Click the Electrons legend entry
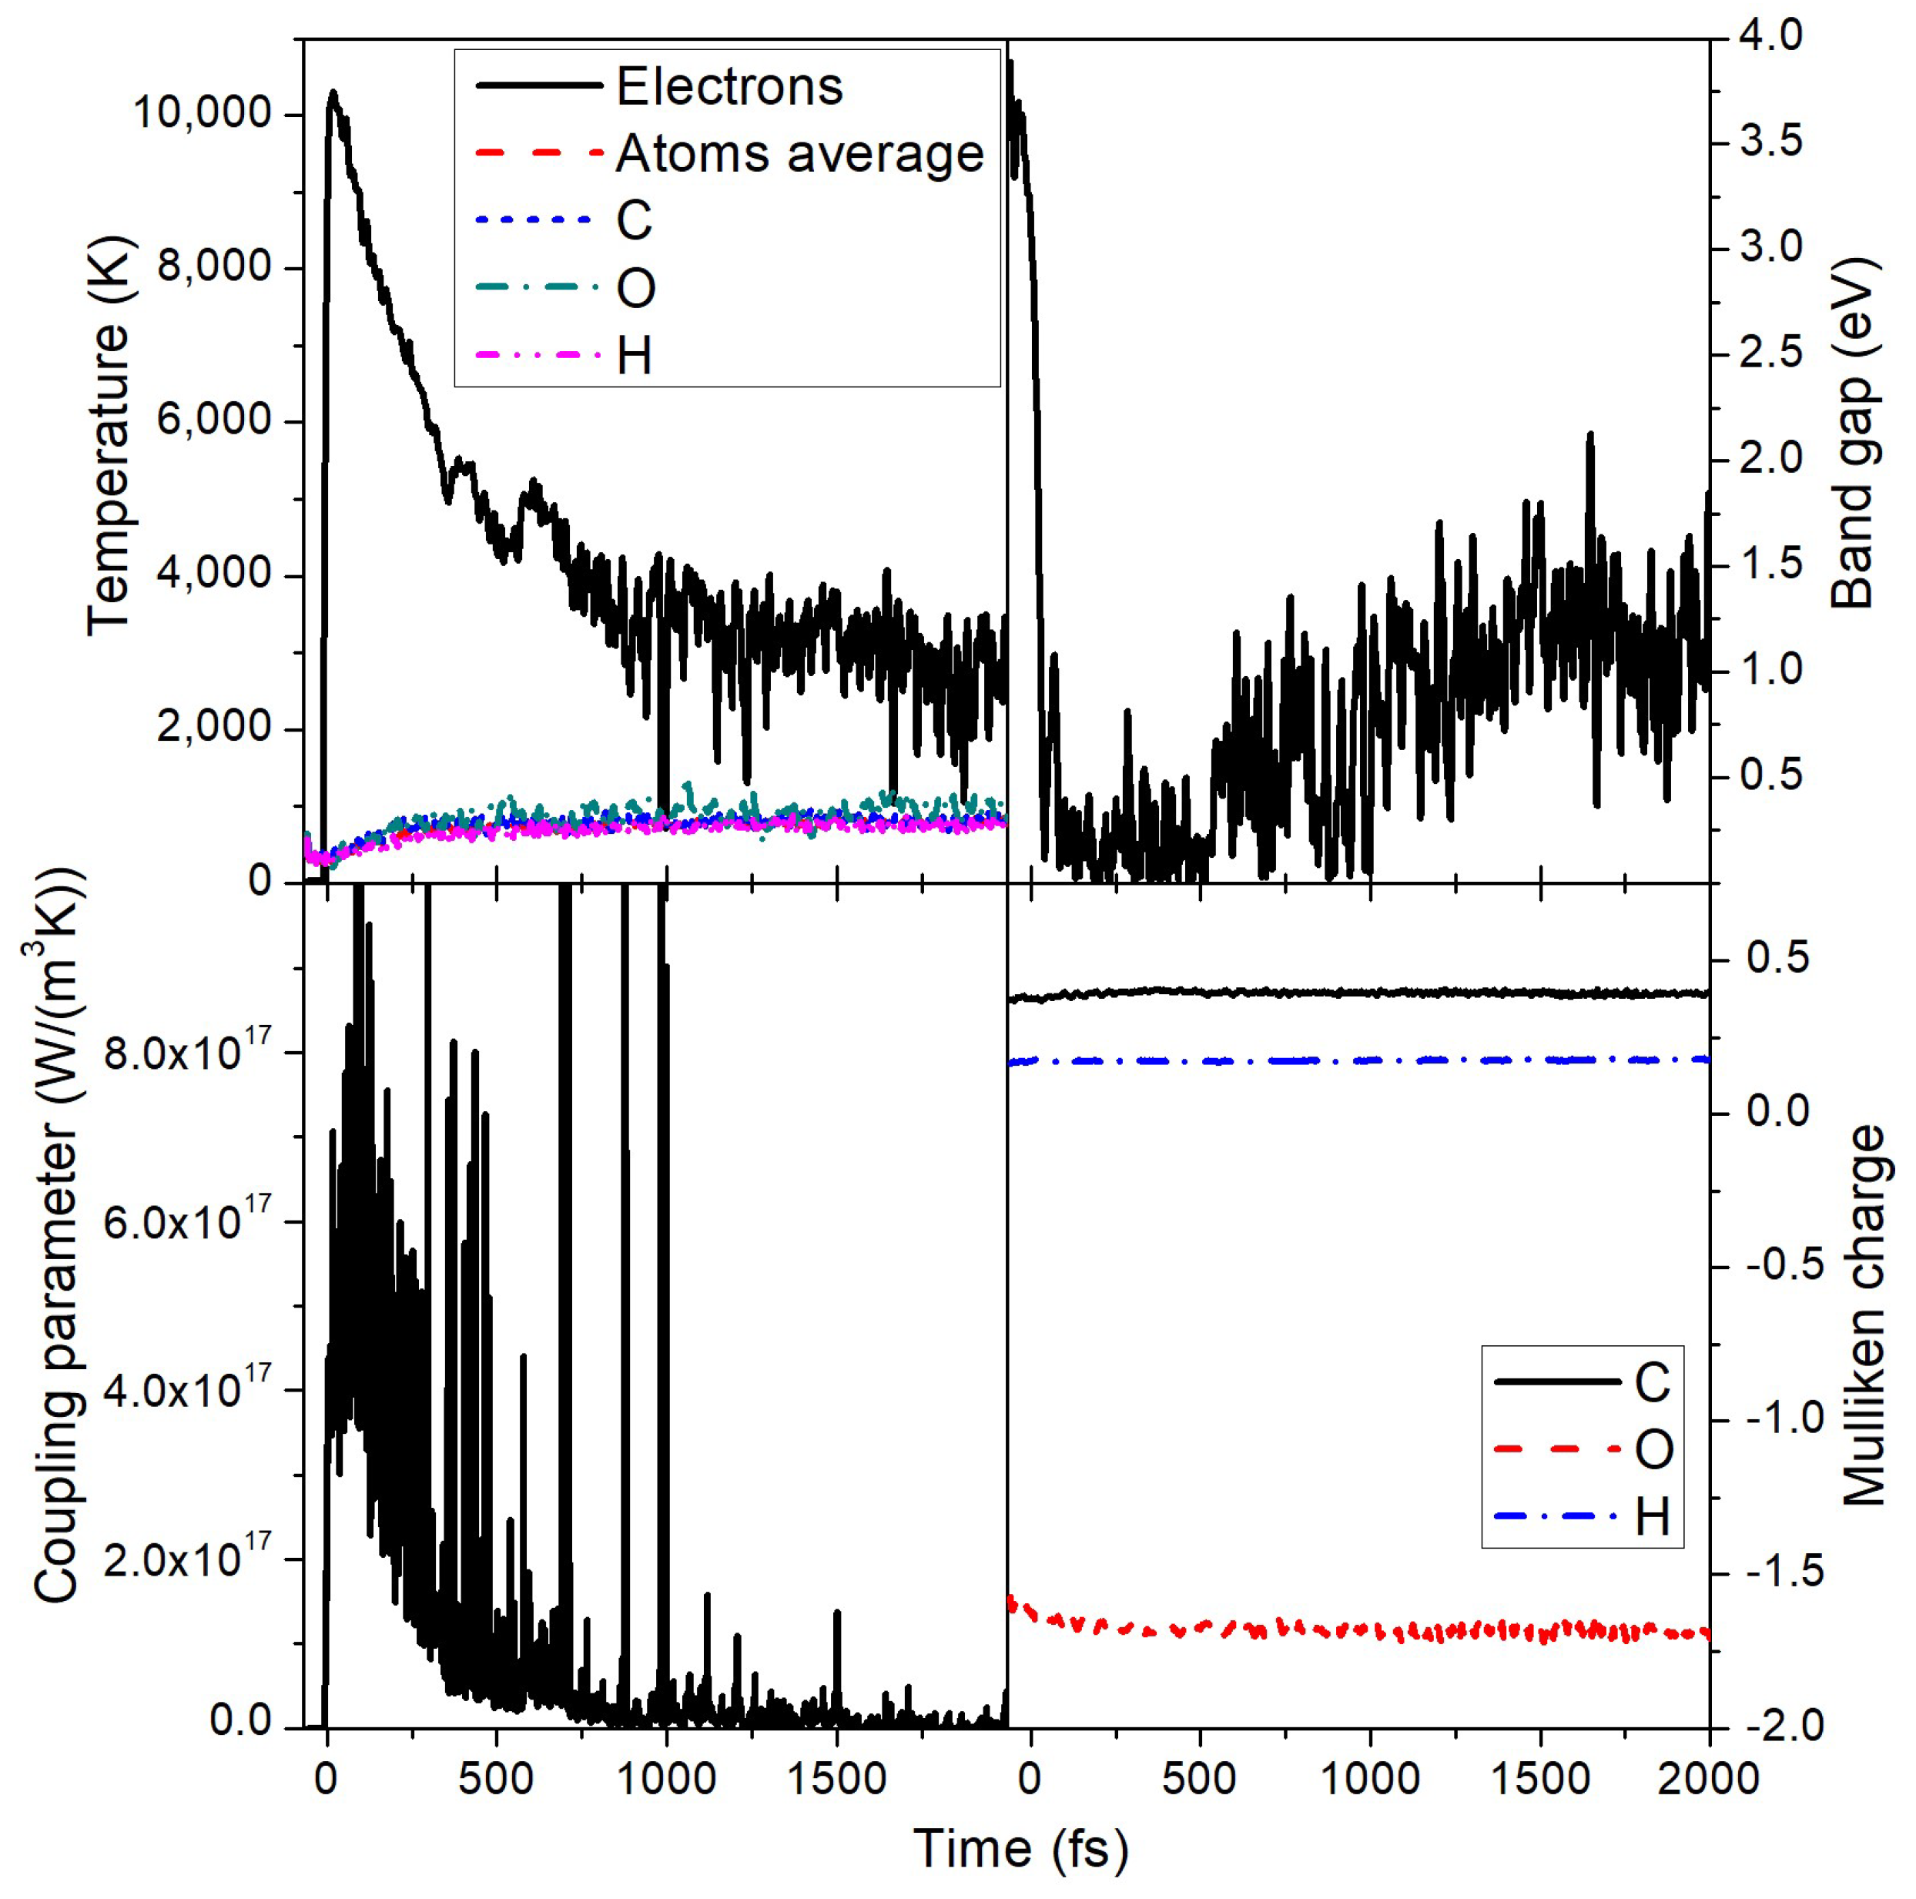(x=729, y=87)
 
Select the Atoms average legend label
(x=799, y=154)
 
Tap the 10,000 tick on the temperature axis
(x=201, y=114)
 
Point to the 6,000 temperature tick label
(x=213, y=420)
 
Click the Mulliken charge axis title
(x=1862, y=1316)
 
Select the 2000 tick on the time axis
(x=1709, y=1779)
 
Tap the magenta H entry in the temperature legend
(x=635, y=355)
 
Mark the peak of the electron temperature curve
(x=333, y=93)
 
